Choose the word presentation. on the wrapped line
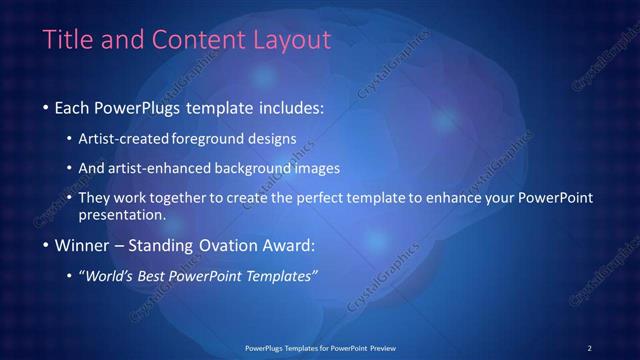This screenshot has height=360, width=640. coord(122,214)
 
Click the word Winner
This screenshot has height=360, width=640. coord(82,245)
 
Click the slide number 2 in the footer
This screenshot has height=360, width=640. coord(589,347)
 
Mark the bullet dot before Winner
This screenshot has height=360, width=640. coord(46,246)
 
